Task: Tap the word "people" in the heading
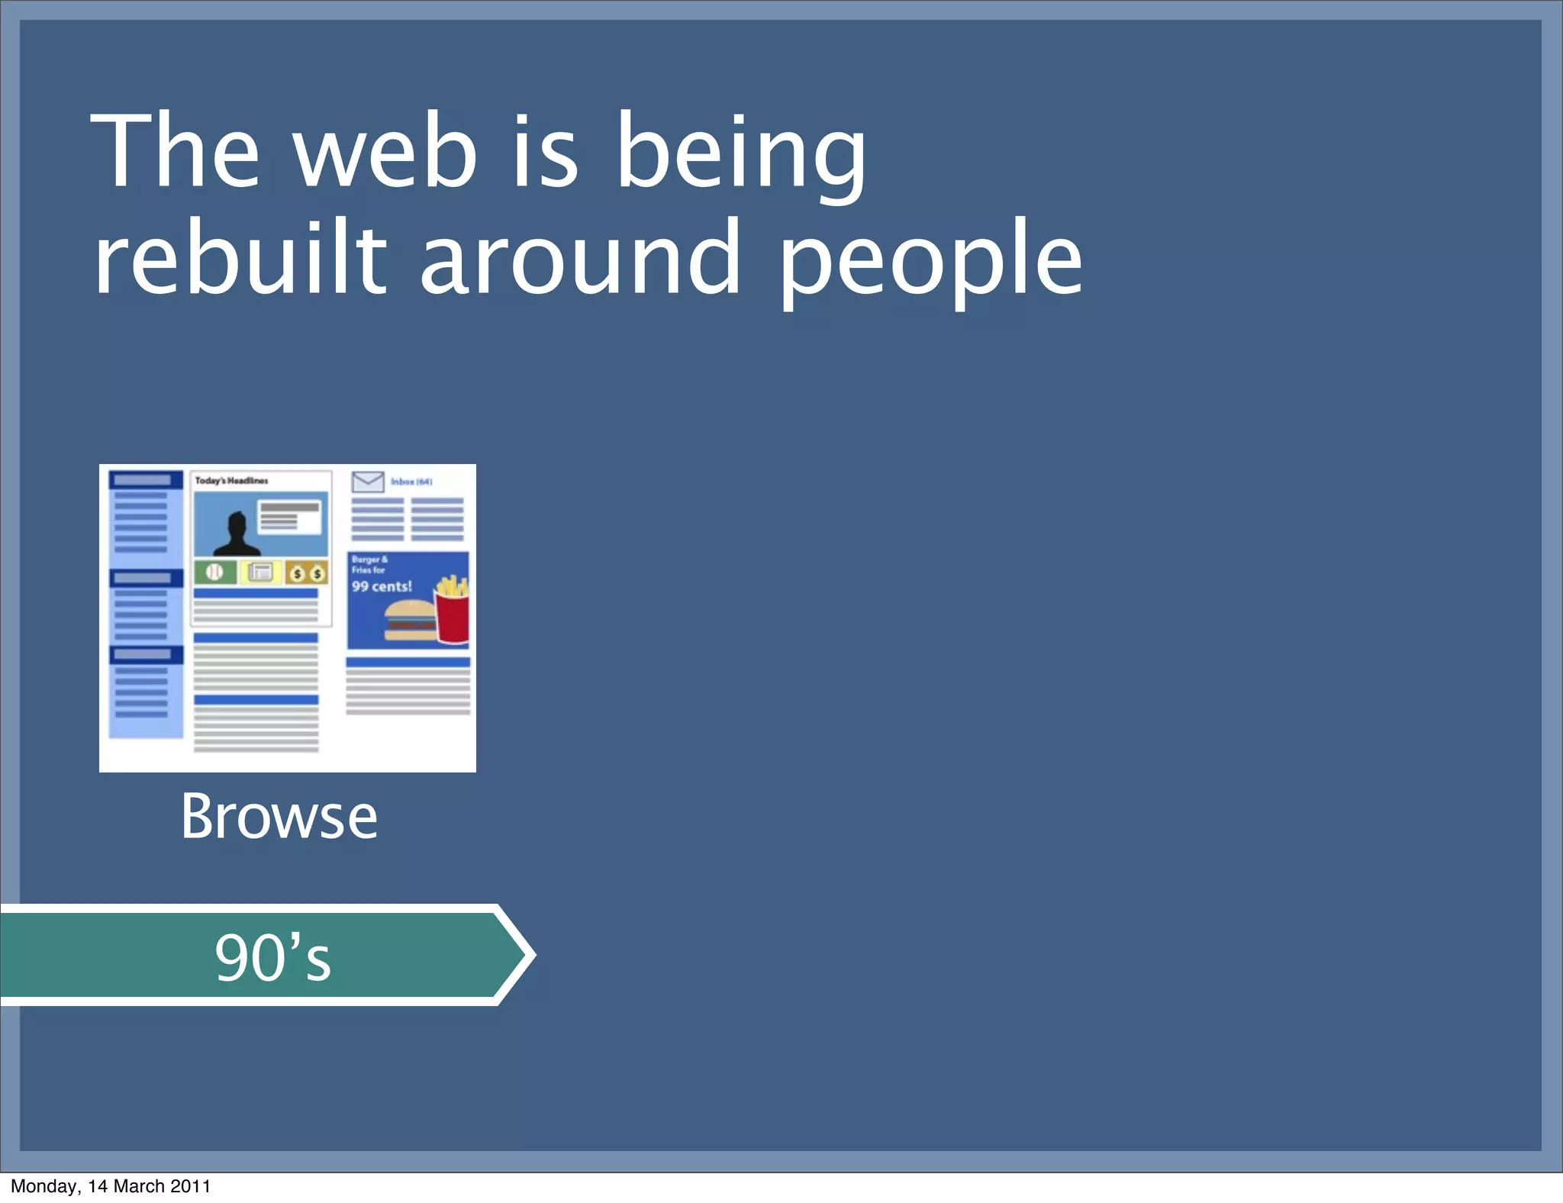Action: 930,260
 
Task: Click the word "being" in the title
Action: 740,153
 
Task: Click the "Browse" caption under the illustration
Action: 279,817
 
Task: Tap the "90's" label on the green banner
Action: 272,957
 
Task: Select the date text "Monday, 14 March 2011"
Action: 111,1186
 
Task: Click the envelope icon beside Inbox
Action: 368,482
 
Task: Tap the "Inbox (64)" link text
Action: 411,482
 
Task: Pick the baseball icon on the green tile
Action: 214,572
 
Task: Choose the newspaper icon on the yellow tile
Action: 260,572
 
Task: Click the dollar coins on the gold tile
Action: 307,572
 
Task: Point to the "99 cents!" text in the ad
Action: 382,586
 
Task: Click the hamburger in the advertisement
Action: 409,620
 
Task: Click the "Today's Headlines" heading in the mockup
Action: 231,481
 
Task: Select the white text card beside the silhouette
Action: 290,518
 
